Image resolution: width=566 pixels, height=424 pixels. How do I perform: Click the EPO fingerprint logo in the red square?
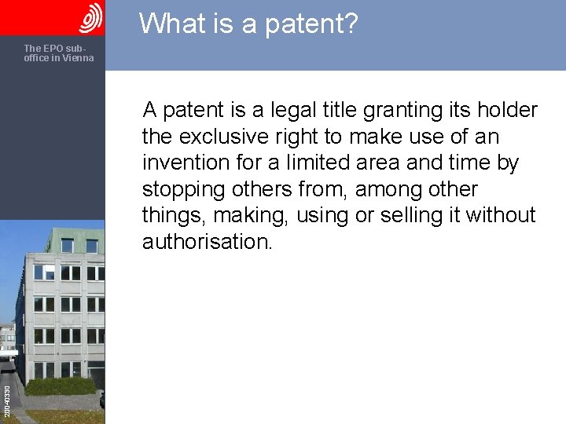[x=90, y=17]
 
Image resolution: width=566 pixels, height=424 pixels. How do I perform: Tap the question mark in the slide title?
[x=350, y=24]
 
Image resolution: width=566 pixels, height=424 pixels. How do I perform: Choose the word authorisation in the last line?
[x=207, y=243]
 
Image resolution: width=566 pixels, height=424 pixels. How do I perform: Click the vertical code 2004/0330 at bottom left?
[x=7, y=400]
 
